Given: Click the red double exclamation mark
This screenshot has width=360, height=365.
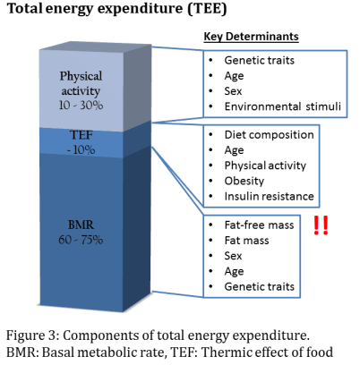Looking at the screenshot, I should (320, 226).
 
